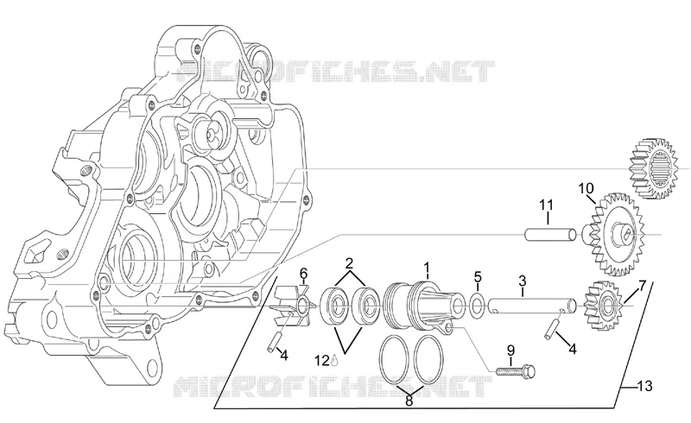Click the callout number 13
pos(644,387)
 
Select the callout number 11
pos(547,205)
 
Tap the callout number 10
pos(586,188)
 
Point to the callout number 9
pos(510,350)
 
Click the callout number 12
pos(322,361)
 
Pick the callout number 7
pos(642,286)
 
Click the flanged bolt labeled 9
pos(516,371)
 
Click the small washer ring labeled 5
pos(477,305)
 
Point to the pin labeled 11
pos(550,234)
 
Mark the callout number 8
pos(409,401)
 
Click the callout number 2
pos(350,264)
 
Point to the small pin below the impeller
pos(272,343)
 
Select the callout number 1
pos(426,268)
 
